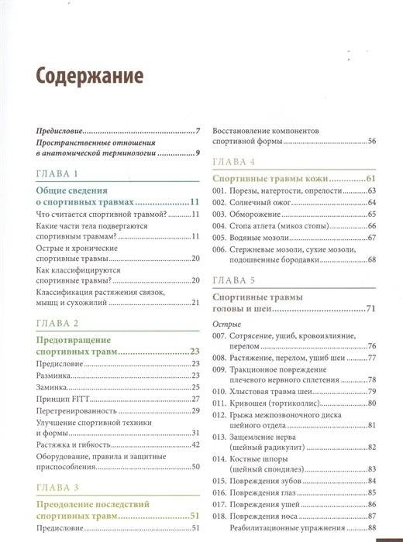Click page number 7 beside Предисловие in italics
click(x=198, y=131)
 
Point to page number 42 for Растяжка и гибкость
click(x=196, y=444)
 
